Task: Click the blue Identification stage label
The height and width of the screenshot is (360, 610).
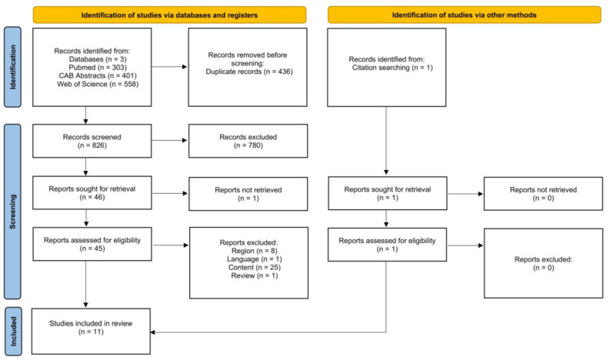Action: point(12,67)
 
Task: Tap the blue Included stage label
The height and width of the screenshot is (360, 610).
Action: point(13,332)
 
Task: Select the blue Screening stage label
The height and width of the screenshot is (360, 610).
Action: point(12,212)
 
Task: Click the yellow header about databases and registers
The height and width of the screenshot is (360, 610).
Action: point(169,15)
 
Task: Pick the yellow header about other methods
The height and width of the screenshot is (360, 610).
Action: point(464,15)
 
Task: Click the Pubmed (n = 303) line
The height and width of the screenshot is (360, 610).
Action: point(98,68)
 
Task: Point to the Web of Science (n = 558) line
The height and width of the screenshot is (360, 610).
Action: point(98,84)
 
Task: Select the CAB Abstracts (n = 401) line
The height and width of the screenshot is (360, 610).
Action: point(98,75)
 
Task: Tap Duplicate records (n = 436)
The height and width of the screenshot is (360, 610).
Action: point(249,72)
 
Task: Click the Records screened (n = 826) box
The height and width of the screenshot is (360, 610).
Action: point(92,141)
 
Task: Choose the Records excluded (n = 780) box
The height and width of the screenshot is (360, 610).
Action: point(248,141)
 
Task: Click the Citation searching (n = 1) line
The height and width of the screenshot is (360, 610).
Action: point(392,68)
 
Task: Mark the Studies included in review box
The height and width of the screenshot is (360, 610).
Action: point(91,332)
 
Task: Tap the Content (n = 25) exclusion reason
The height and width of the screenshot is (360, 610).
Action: point(255,268)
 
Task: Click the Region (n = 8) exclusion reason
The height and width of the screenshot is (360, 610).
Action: point(255,251)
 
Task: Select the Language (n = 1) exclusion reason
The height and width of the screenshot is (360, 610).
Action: point(255,259)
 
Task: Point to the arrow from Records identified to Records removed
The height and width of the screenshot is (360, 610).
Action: point(169,67)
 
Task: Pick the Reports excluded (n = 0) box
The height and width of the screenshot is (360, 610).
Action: point(544,264)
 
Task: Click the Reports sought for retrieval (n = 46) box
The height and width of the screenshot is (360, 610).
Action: point(92,193)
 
